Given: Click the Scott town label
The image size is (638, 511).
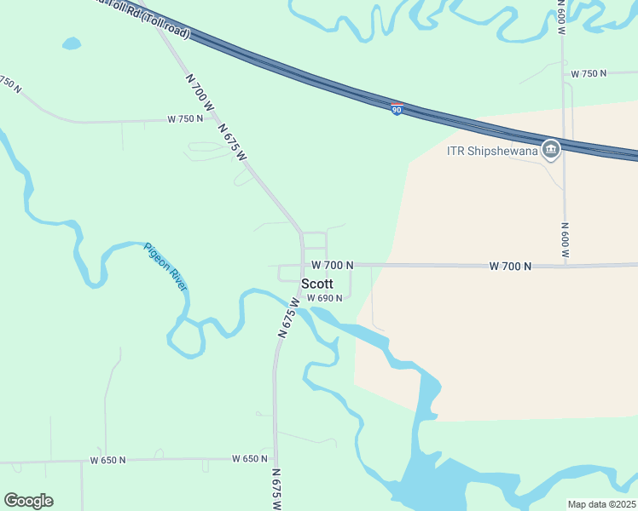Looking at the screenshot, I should click(x=316, y=284).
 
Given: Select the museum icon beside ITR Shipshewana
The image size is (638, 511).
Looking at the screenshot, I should click(x=550, y=150).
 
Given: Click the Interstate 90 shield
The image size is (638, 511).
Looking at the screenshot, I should click(x=397, y=109).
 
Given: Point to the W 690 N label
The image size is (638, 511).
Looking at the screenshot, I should click(x=324, y=298).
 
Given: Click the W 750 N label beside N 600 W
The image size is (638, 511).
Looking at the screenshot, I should click(x=589, y=73).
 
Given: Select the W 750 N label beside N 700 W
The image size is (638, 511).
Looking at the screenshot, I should click(x=185, y=118).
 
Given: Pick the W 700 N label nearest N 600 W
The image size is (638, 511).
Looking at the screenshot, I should click(x=510, y=267).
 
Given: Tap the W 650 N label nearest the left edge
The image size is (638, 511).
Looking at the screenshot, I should click(x=107, y=460).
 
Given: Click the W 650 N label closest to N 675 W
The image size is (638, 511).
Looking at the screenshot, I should click(x=250, y=459).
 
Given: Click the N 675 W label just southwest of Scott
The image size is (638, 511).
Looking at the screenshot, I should click(x=288, y=319).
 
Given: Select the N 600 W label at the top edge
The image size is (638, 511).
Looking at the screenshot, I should click(x=560, y=17).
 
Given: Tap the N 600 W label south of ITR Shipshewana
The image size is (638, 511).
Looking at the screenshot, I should click(x=565, y=241).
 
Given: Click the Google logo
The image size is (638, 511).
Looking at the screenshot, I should click(x=28, y=501).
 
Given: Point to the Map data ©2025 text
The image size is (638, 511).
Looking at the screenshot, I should click(x=600, y=504).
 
